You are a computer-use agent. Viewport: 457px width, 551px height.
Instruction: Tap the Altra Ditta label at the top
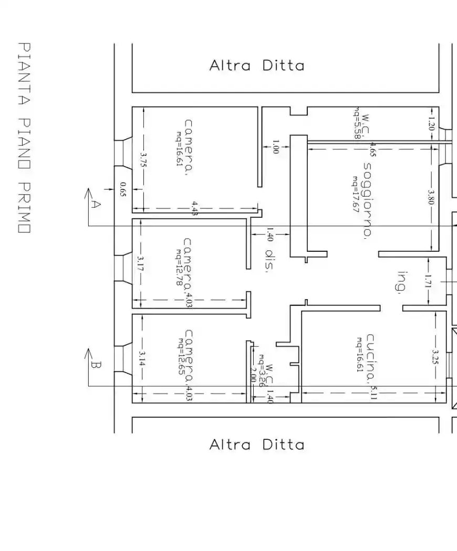point(256,66)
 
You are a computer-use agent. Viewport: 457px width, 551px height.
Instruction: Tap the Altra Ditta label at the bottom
point(256,445)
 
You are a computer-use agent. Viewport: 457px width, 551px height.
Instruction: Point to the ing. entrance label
point(402,283)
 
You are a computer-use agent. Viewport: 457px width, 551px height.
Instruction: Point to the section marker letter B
point(95,364)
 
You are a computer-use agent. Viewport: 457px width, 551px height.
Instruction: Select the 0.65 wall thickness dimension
point(122,189)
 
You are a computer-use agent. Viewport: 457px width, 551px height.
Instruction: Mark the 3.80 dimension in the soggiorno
point(431,197)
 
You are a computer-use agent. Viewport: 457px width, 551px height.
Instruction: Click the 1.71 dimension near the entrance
point(429,282)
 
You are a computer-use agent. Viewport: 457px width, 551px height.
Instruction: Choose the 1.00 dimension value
point(275,146)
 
